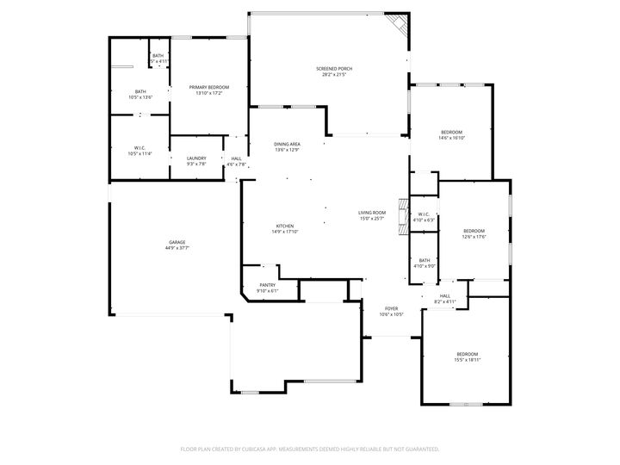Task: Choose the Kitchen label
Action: pos(285,228)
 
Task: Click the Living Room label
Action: pos(372,215)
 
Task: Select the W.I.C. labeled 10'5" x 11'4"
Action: pos(139,151)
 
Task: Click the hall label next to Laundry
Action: pos(236,161)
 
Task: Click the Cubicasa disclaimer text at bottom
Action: pos(310,449)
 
